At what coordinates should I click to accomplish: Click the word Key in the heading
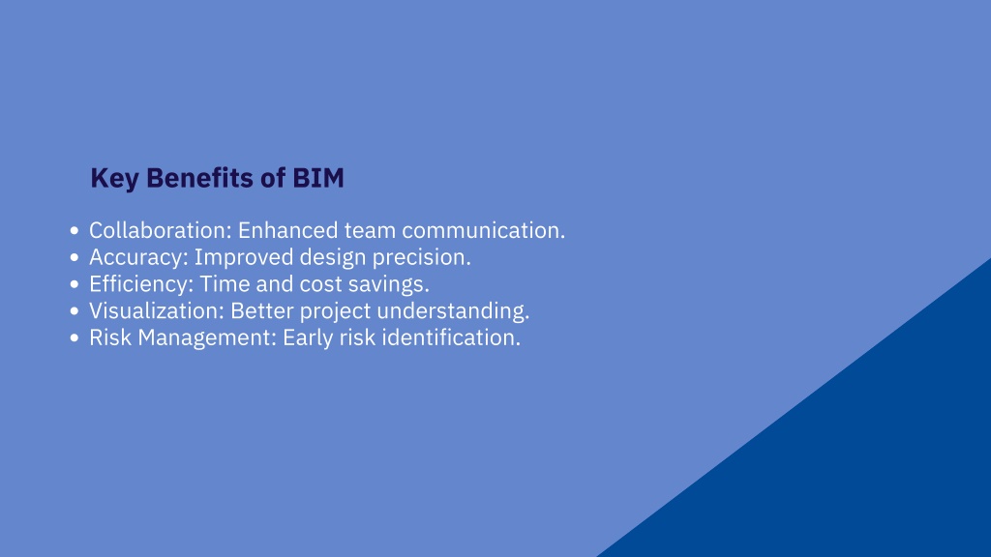coord(114,179)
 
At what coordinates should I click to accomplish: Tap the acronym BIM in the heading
coord(317,178)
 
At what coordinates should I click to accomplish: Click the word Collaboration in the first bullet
coord(161,230)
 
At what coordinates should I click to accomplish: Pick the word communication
coord(484,230)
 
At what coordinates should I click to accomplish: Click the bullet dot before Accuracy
coord(75,257)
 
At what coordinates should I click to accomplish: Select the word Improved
coord(244,257)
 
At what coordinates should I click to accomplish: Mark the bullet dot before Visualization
coord(75,310)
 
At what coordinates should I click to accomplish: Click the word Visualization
coord(156,310)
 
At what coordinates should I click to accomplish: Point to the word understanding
coord(453,310)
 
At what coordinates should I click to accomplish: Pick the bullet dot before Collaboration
coord(75,230)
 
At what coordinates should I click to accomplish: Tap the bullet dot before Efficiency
coord(75,284)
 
